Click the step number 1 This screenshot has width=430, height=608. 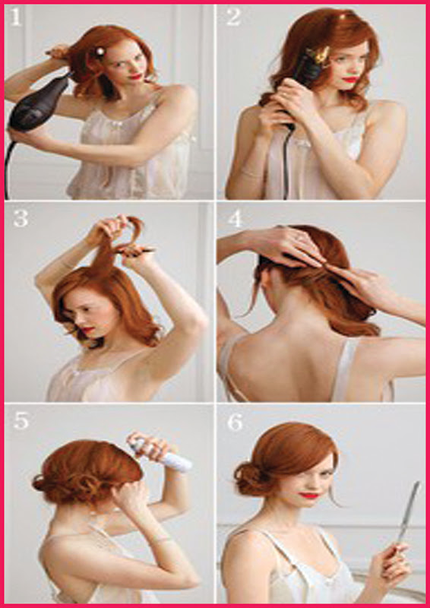tap(15, 17)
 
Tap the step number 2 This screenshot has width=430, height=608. tap(234, 17)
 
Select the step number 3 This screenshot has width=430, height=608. tap(20, 218)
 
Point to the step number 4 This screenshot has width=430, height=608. tap(235, 219)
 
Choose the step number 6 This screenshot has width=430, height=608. tap(235, 423)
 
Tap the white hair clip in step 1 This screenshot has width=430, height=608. tap(100, 51)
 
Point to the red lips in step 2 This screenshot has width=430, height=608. tap(350, 80)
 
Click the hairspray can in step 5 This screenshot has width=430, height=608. tap(162, 454)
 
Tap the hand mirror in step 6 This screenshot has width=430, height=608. tap(408, 511)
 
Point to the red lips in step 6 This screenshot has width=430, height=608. tap(309, 496)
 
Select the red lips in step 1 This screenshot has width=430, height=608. tap(136, 77)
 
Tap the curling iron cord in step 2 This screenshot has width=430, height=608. tap(286, 163)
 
